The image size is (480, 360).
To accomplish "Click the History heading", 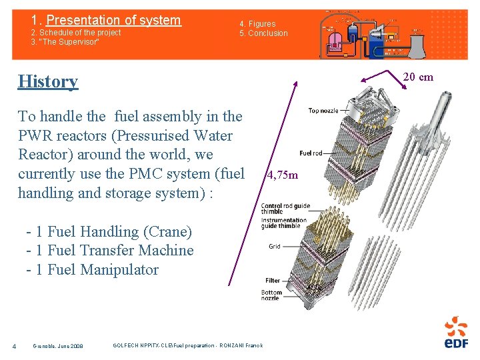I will point(48,81).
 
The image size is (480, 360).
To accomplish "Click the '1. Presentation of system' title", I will point(106,20).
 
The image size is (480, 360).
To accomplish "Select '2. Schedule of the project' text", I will point(76,33).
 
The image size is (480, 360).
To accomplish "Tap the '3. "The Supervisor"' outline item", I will point(65,42).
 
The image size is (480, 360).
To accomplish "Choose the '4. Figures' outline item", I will point(257,24).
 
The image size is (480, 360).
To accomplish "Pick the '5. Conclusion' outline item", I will point(264,33).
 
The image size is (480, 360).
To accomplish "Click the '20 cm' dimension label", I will point(418,77).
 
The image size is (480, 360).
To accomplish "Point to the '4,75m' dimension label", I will point(282,176).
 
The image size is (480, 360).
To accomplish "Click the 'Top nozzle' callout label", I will point(323,111).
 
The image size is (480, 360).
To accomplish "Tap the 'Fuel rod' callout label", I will point(311,153).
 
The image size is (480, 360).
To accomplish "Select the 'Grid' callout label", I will point(275,246).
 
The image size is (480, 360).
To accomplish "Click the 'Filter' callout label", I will point(273,281).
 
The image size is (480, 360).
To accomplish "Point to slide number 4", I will point(14,345).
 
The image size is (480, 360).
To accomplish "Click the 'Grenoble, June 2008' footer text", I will point(58,346).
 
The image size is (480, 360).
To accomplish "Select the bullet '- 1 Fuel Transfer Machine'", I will point(109,251).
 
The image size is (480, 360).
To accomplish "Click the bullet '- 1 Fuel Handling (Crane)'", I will point(109,232).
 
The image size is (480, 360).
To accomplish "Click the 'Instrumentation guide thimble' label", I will point(283,223).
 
